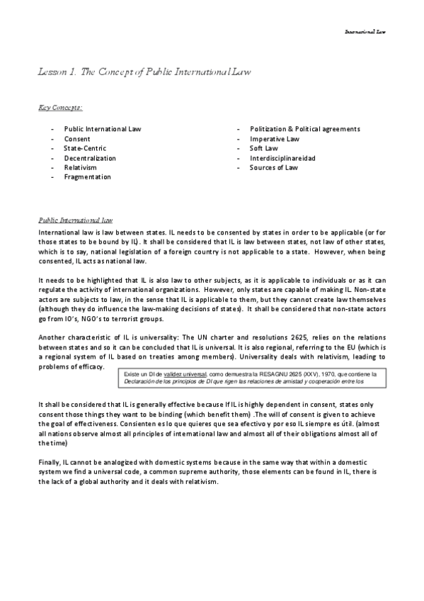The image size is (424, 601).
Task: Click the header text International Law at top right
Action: pyautogui.click(x=365, y=32)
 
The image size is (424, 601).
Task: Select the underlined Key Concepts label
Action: pyautogui.click(x=60, y=107)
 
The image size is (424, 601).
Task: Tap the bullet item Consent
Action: pyautogui.click(x=77, y=139)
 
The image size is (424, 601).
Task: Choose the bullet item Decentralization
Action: pyautogui.click(x=90, y=158)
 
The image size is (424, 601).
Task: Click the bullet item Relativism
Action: pyautogui.click(x=80, y=167)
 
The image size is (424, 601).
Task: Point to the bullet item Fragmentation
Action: pyautogui.click(x=87, y=177)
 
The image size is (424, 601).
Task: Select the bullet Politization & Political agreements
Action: pyautogui.click(x=305, y=129)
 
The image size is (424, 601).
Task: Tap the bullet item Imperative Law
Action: pyautogui.click(x=275, y=139)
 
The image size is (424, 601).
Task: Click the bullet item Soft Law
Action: pyautogui.click(x=264, y=148)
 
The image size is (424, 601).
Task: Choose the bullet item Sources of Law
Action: pyautogui.click(x=274, y=167)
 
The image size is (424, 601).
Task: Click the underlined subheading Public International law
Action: pyautogui.click(x=71, y=220)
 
